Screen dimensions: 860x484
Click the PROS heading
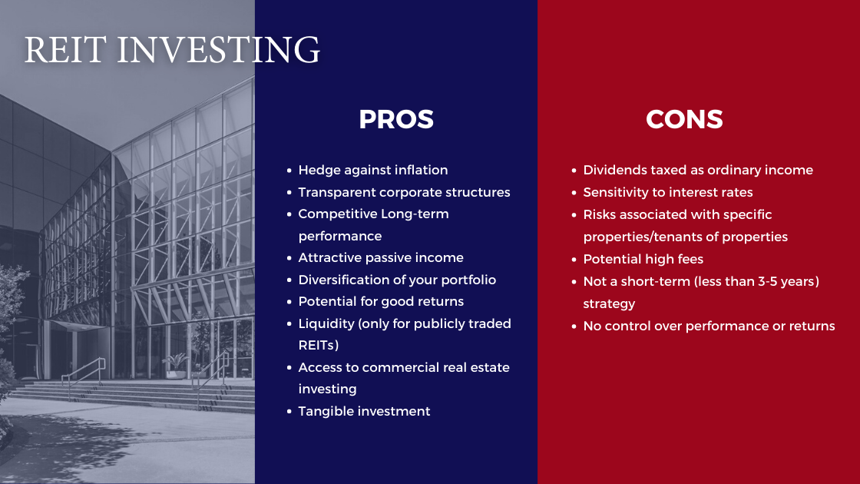[x=396, y=119]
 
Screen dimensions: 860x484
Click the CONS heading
[x=684, y=119]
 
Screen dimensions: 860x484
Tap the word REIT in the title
[x=64, y=49]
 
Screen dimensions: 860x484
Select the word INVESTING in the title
[x=218, y=49]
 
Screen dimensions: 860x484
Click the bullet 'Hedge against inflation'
[x=373, y=170]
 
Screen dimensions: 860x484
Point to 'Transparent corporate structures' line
[x=404, y=192]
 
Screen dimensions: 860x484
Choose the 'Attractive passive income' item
[x=381, y=257]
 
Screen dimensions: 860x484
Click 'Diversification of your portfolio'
[x=397, y=280]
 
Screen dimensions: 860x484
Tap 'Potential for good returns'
[x=381, y=301]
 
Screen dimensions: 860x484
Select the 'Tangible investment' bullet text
[x=364, y=411]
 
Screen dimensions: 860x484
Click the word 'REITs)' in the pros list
[x=318, y=345]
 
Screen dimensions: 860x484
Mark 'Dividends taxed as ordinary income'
[x=698, y=170]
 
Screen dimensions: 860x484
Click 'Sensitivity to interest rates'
[x=667, y=192]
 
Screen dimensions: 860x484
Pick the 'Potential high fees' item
[x=643, y=259]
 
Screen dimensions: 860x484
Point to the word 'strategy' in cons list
[x=609, y=304]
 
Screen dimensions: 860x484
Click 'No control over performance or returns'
[x=709, y=326]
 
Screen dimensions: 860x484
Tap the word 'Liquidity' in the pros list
[x=326, y=323]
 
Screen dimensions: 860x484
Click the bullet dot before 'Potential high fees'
[x=574, y=260]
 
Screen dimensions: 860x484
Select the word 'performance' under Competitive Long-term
[x=340, y=236]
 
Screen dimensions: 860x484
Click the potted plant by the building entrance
[x=177, y=366]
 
